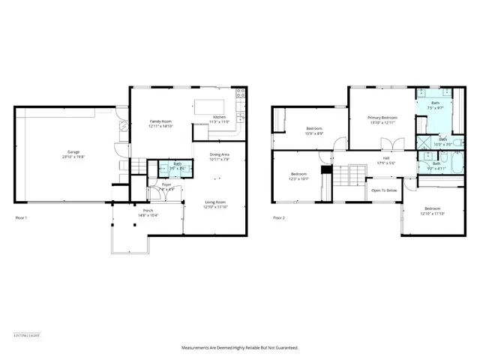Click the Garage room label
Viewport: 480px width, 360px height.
click(x=73, y=152)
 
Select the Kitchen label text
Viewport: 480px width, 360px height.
click(x=219, y=117)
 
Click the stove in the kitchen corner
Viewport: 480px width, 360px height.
click(x=241, y=94)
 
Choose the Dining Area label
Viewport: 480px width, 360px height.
click(x=219, y=154)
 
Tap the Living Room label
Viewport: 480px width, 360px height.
click(x=216, y=202)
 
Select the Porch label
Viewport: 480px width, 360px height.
click(x=148, y=211)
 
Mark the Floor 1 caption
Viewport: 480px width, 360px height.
click(x=21, y=217)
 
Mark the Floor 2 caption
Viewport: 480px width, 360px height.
click(x=278, y=217)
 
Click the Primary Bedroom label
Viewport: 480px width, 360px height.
click(x=382, y=118)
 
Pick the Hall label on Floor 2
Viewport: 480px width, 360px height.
click(x=385, y=158)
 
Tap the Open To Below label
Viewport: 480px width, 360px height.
click(x=383, y=190)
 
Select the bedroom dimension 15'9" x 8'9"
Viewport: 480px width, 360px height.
click(x=314, y=133)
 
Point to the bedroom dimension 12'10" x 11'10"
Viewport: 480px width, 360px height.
click(x=433, y=213)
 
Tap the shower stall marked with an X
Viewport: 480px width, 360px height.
click(x=424, y=142)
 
